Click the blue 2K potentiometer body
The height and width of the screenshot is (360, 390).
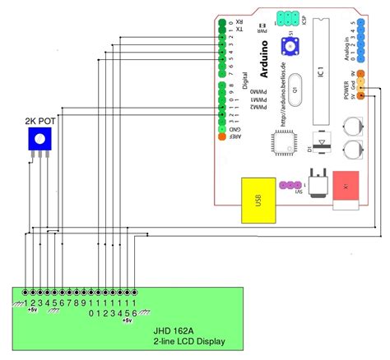(39, 141)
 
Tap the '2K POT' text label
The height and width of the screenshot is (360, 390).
(39, 120)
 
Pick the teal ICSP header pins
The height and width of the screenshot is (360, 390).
(287, 16)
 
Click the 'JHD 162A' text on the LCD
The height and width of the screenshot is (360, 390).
(177, 330)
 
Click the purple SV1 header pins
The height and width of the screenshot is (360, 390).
(290, 187)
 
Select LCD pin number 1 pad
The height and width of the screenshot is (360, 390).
(26, 292)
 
